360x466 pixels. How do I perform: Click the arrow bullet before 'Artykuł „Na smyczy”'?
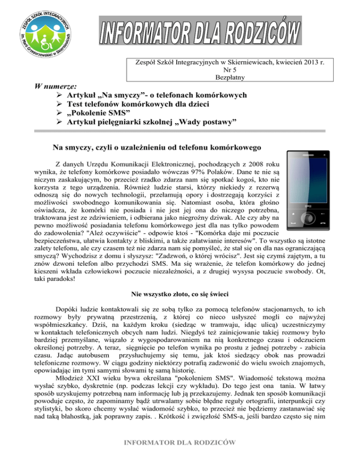59,96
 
